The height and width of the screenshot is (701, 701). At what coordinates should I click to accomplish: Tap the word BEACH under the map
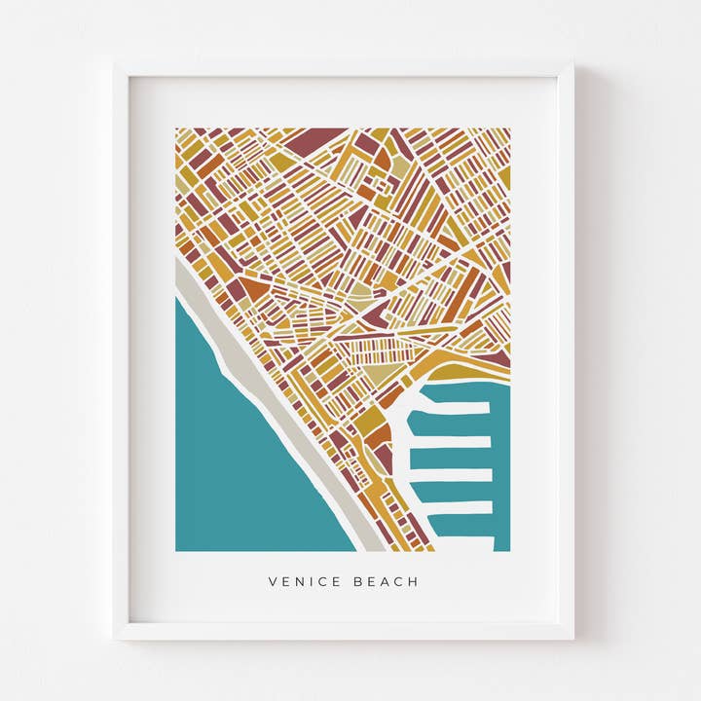coord(387,582)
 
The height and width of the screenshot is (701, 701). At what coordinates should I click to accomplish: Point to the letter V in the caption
coord(273,582)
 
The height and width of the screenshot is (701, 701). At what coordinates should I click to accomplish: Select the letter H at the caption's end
coord(414,582)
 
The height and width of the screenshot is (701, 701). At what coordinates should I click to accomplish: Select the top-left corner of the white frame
coord(117,67)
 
